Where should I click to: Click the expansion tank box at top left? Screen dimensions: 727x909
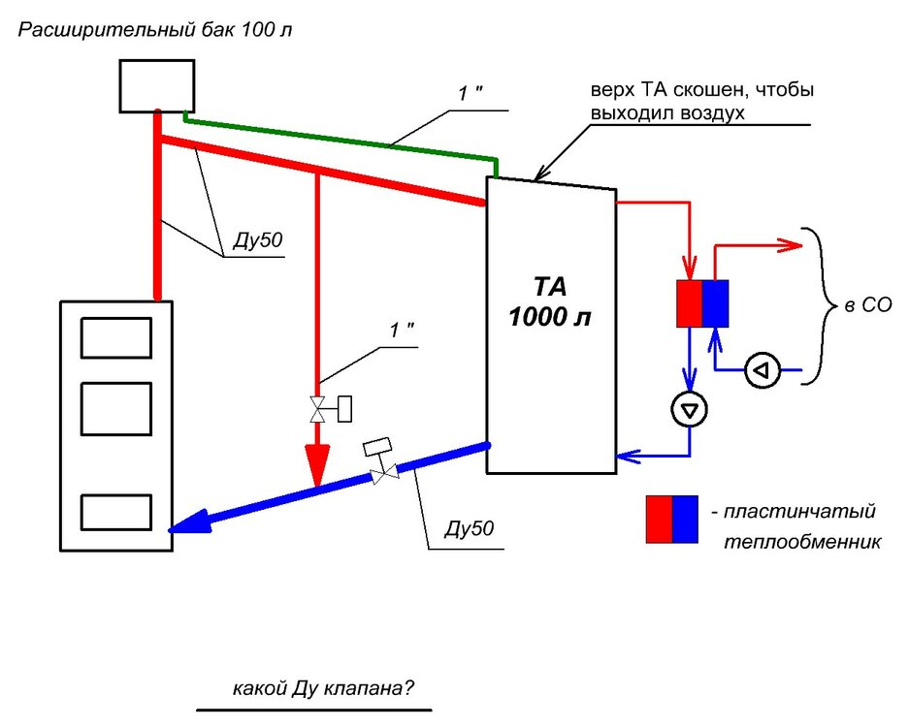(x=158, y=85)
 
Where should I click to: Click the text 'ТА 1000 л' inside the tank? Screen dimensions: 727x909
(x=550, y=301)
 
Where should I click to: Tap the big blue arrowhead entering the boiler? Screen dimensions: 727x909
(x=184, y=524)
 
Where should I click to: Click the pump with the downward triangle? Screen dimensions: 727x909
(x=690, y=409)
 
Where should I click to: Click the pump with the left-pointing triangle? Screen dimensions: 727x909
(x=763, y=369)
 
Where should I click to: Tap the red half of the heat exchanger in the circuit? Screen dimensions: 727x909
(x=690, y=302)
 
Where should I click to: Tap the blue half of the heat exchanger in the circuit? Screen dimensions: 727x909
(x=716, y=302)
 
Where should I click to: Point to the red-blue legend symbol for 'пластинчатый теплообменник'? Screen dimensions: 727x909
(x=672, y=520)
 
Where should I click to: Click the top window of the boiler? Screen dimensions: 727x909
(x=116, y=337)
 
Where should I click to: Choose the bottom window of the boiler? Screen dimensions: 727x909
(x=116, y=512)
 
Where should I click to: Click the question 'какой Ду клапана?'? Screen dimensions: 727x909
(x=323, y=689)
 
